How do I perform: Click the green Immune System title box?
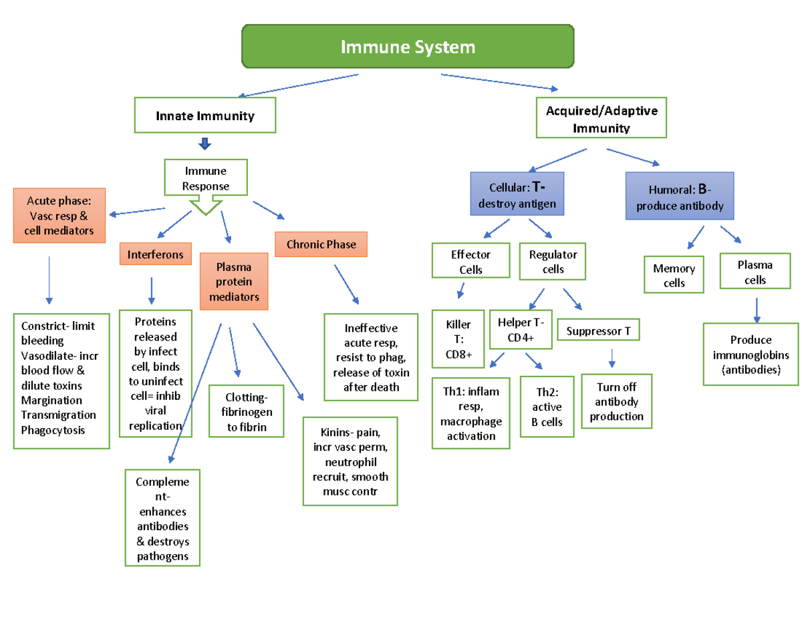(x=408, y=46)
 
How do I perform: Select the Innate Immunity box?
(x=205, y=116)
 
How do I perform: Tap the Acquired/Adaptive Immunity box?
(x=601, y=119)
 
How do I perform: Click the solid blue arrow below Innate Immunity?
(x=205, y=144)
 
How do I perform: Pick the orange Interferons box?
(x=156, y=254)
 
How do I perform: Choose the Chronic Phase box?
(x=321, y=244)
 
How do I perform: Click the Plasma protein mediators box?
(x=234, y=281)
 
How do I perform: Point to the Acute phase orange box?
(x=59, y=215)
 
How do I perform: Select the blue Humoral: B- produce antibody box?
(x=680, y=196)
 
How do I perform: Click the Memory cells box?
(x=674, y=274)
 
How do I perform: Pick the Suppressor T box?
(x=598, y=331)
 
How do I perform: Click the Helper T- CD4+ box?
(x=521, y=329)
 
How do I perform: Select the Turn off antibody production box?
(x=616, y=401)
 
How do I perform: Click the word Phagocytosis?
(x=53, y=429)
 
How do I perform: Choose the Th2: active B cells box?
(x=547, y=407)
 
